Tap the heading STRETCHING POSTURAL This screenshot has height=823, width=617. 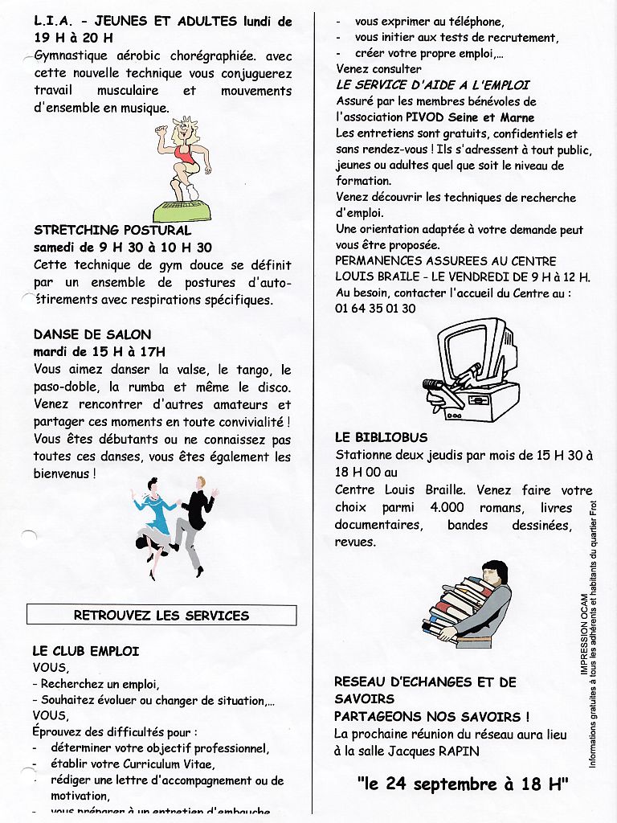[x=112, y=231]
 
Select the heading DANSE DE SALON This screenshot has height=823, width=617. [x=92, y=334]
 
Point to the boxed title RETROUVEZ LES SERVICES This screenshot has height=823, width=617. [x=161, y=616]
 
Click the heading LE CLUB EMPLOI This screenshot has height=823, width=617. [x=86, y=651]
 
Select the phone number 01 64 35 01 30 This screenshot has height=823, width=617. [x=375, y=309]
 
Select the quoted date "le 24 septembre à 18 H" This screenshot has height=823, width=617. [x=463, y=784]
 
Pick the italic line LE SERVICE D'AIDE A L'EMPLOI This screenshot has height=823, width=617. [x=433, y=85]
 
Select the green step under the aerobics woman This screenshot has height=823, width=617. [x=182, y=212]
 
